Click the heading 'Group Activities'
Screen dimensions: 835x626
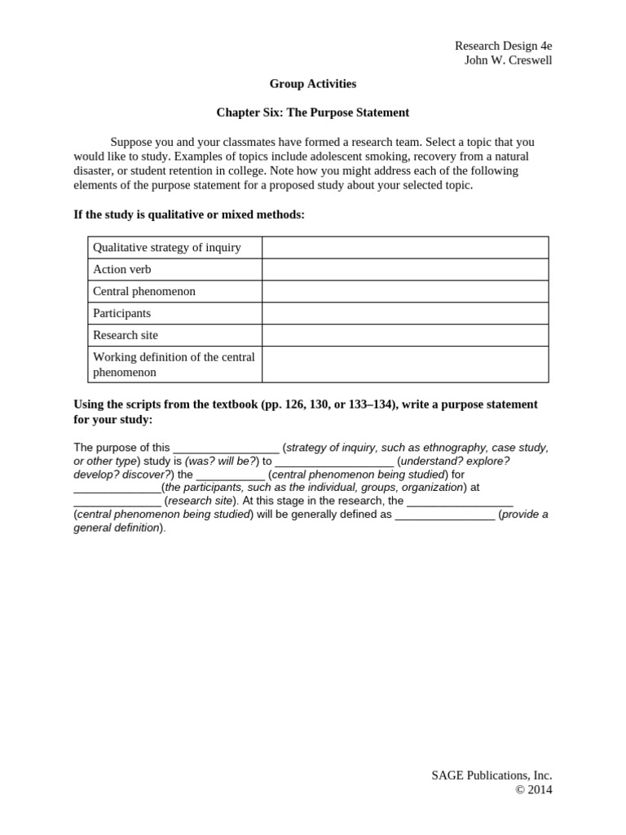pyautogui.click(x=312, y=83)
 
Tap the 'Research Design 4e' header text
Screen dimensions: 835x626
pyautogui.click(x=503, y=46)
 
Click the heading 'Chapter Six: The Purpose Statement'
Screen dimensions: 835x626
pyautogui.click(x=312, y=113)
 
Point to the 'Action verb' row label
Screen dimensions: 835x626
pyautogui.click(x=122, y=269)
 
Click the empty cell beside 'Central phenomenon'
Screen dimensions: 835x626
pyautogui.click(x=405, y=291)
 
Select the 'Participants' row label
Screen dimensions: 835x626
pyautogui.click(x=122, y=313)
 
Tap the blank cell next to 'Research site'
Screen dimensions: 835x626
pyautogui.click(x=405, y=335)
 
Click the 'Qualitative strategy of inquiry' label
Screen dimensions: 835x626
pyautogui.click(x=167, y=247)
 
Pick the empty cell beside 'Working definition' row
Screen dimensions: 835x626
pyautogui.click(x=405, y=364)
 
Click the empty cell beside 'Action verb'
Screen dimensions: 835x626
pyautogui.click(x=405, y=269)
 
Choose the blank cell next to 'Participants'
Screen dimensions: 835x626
pyautogui.click(x=405, y=313)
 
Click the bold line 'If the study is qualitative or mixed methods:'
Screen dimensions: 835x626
pyautogui.click(x=189, y=214)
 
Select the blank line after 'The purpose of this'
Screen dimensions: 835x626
pyautogui.click(x=226, y=448)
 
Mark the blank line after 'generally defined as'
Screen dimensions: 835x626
pyautogui.click(x=444, y=515)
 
